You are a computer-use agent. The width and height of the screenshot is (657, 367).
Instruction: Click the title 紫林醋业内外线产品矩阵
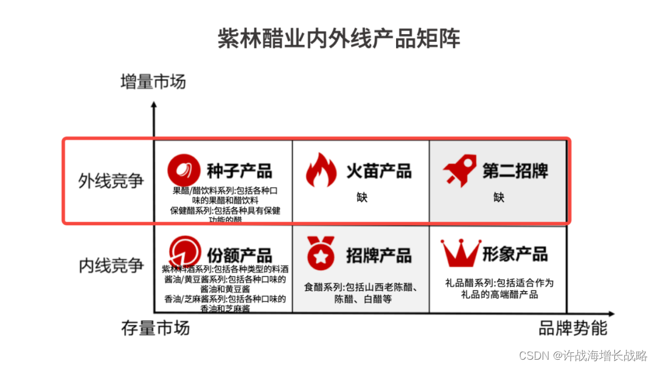339,38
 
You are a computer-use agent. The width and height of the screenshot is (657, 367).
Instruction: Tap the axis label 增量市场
153,81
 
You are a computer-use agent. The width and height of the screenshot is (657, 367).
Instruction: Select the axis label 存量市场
155,329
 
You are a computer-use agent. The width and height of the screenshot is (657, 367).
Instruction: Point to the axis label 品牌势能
572,329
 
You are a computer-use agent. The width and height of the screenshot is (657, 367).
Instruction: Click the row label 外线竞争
111,181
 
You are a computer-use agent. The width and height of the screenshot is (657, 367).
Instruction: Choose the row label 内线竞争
111,266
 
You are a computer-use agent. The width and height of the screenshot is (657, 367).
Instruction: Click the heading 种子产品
239,171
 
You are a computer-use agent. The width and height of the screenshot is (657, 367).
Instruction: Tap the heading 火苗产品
378,171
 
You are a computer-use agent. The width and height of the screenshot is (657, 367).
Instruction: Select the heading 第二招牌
515,171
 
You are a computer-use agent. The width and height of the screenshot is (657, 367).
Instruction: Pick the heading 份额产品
239,255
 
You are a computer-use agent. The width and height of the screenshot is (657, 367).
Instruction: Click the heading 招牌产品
378,255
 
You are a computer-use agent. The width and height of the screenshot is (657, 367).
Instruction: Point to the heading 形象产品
515,254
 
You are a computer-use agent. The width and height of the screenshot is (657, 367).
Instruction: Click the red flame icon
321,170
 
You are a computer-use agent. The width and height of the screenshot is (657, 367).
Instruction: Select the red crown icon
461,253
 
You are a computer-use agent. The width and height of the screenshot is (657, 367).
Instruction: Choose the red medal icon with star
320,254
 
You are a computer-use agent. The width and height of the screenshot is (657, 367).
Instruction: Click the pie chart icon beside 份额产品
185,252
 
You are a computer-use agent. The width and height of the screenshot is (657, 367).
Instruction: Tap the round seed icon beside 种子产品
184,170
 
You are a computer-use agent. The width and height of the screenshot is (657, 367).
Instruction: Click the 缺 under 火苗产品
362,197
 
